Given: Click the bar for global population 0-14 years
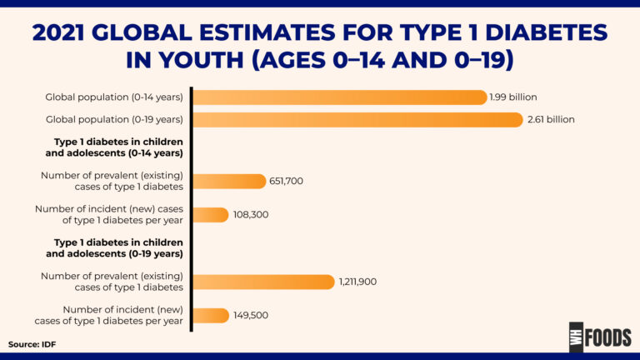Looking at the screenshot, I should click(x=339, y=97).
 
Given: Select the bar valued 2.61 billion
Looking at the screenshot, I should click(x=357, y=119).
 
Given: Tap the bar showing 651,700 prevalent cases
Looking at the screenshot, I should click(x=229, y=181).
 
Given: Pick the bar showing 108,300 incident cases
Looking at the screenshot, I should click(x=211, y=214).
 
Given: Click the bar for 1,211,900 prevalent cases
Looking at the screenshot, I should click(x=263, y=282).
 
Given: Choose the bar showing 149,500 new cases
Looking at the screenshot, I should click(x=211, y=315).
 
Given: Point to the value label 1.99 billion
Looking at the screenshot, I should click(x=515, y=97).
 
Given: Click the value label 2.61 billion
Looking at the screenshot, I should click(x=551, y=119).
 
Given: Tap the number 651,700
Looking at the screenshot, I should click(x=287, y=181).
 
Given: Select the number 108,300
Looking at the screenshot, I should click(x=251, y=214).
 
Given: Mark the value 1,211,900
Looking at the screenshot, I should click(x=357, y=282).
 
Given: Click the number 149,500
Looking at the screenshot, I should click(x=251, y=315).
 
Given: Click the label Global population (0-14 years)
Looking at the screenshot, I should click(x=114, y=97).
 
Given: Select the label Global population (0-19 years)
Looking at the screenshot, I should click(x=114, y=119).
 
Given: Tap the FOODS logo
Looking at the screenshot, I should click(x=600, y=337).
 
